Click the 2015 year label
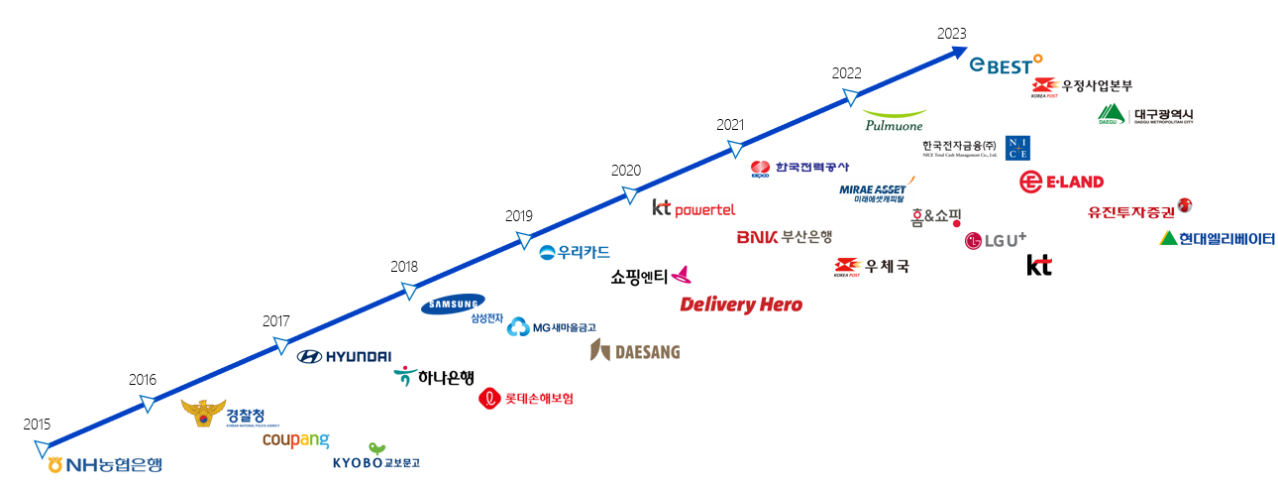37,425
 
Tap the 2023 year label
951,33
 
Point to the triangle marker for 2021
735,149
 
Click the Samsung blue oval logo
453,305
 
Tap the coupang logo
295,439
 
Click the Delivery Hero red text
741,305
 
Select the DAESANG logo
635,350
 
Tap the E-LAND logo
1061,182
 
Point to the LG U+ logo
996,240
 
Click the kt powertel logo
693,208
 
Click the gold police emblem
203,414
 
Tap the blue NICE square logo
1017,148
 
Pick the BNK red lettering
757,237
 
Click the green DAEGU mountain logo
1113,116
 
